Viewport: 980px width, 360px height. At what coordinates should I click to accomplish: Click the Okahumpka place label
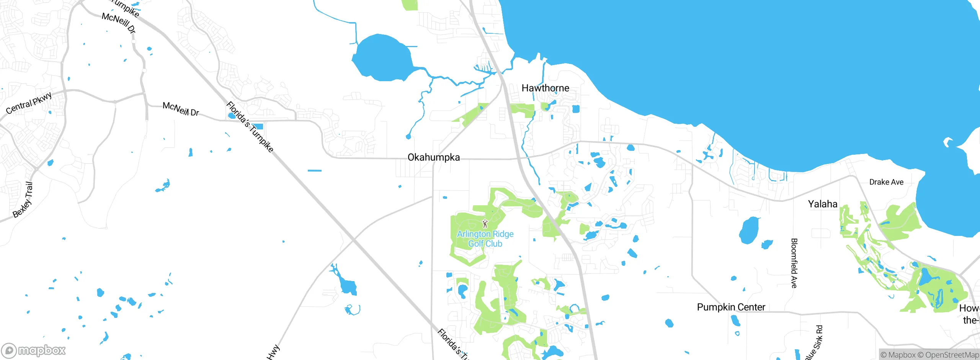(433, 157)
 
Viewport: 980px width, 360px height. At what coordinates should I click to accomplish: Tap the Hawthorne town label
(545, 88)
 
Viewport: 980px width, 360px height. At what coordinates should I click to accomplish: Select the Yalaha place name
(822, 204)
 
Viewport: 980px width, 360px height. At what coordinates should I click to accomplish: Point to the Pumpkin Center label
(731, 307)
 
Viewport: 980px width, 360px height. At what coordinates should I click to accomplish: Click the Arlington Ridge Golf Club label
(485, 239)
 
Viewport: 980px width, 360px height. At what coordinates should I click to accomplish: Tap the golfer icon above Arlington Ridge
(485, 224)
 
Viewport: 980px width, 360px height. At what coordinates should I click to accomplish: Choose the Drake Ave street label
(886, 182)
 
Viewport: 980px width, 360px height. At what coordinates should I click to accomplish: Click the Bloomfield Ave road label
(794, 263)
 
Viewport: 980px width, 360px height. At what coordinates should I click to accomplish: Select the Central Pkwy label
(29, 103)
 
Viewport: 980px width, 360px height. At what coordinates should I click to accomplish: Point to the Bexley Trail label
(23, 200)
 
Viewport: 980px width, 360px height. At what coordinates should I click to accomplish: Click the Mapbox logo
(34, 350)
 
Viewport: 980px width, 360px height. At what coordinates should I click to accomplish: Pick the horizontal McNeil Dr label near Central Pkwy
(181, 109)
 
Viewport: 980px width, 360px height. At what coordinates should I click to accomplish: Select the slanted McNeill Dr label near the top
(119, 23)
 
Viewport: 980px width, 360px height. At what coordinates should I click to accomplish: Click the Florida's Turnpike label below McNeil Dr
(250, 127)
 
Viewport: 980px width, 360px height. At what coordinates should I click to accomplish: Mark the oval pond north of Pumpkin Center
(749, 230)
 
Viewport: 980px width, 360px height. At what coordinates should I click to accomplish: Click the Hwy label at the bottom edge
(273, 352)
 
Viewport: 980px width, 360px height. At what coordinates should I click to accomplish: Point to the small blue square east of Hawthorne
(576, 109)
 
